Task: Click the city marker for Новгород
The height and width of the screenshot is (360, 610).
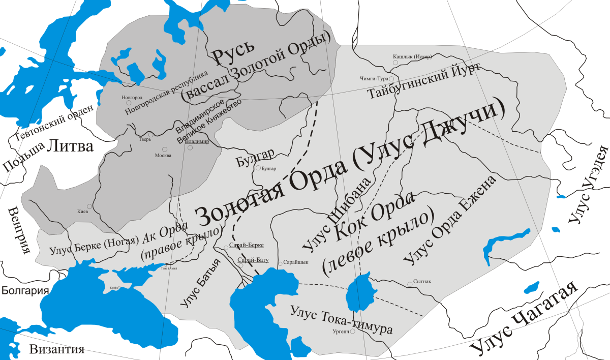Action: coord(129,103)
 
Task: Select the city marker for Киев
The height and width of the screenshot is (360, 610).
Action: coord(89,206)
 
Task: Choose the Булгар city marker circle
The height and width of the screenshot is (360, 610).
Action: coord(258,168)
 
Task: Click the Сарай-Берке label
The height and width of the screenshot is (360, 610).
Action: coord(247,245)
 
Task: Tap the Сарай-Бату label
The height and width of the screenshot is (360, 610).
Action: coord(253,260)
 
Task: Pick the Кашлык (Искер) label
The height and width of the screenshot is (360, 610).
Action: coord(412,56)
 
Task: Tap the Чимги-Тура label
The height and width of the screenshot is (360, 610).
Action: coord(374,79)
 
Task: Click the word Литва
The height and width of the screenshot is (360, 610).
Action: coord(70,146)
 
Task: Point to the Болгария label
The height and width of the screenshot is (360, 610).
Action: coord(24,291)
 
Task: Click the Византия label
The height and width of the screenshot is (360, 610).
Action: coord(56,349)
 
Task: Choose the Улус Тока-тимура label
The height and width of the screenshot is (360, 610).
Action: coord(341,319)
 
